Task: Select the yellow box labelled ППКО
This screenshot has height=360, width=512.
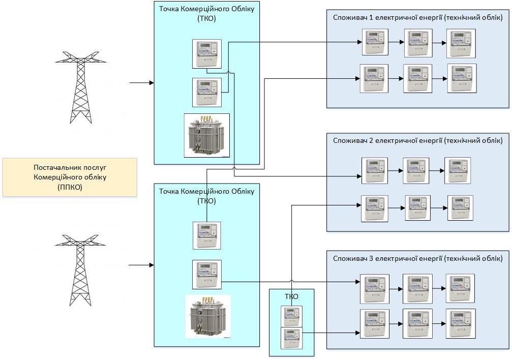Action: [70, 177]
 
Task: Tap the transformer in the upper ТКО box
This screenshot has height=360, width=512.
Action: [206, 135]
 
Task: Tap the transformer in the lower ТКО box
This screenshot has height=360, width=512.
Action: [207, 316]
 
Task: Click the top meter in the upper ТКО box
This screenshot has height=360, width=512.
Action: [207, 53]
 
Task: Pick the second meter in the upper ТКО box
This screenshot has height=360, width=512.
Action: [207, 92]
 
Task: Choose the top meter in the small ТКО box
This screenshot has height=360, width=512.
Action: [291, 316]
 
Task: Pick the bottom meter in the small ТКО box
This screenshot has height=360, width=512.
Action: [291, 338]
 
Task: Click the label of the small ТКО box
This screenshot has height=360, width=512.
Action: [291, 296]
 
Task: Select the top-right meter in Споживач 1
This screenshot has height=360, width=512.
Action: [461, 43]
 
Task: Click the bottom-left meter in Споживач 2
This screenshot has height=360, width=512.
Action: [375, 208]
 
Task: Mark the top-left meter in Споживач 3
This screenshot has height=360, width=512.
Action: [375, 289]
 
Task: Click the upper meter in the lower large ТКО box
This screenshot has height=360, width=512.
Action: [207, 235]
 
